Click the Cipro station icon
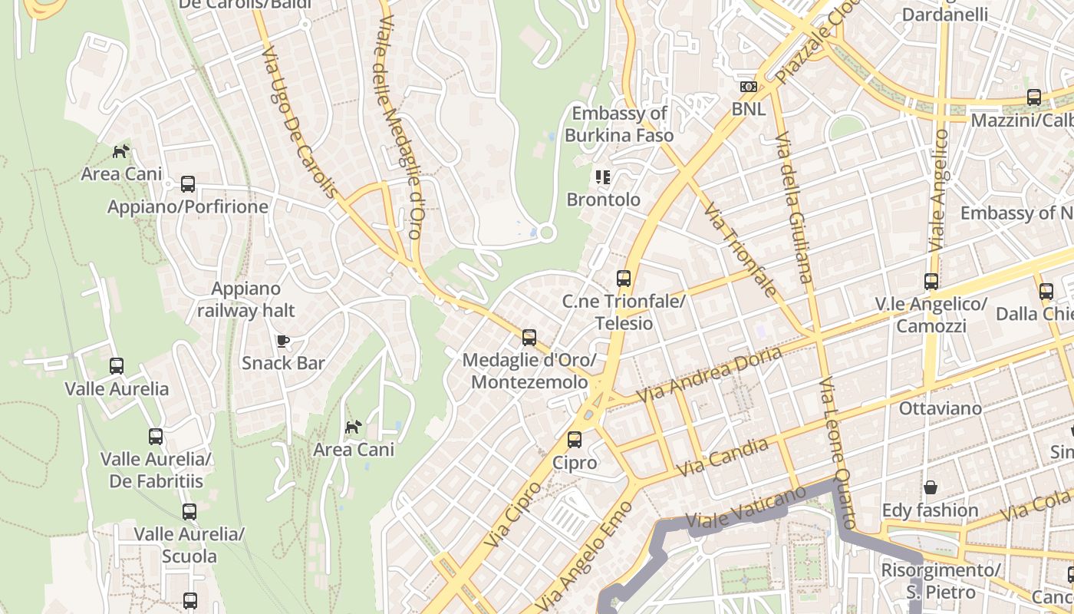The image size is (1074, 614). click(574, 440)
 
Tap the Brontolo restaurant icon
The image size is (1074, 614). click(603, 177)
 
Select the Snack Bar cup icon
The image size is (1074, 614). click(282, 340)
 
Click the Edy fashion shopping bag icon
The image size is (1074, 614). click(930, 487)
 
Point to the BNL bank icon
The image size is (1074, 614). click(748, 87)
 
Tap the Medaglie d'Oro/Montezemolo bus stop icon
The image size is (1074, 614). click(529, 337)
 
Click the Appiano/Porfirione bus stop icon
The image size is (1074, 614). click(188, 184)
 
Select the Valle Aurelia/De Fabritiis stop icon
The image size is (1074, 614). click(156, 437)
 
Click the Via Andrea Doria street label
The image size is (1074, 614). click(710, 374)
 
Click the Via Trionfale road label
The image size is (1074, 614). click(740, 249)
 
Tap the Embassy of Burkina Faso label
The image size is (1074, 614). click(619, 124)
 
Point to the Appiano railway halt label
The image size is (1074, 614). click(245, 299)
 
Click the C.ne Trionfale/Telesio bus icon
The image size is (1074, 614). click(624, 279)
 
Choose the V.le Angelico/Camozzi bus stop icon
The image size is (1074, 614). click(931, 282)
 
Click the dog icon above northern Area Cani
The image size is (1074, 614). click(121, 151)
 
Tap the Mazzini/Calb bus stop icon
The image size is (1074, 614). click(1034, 97)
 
